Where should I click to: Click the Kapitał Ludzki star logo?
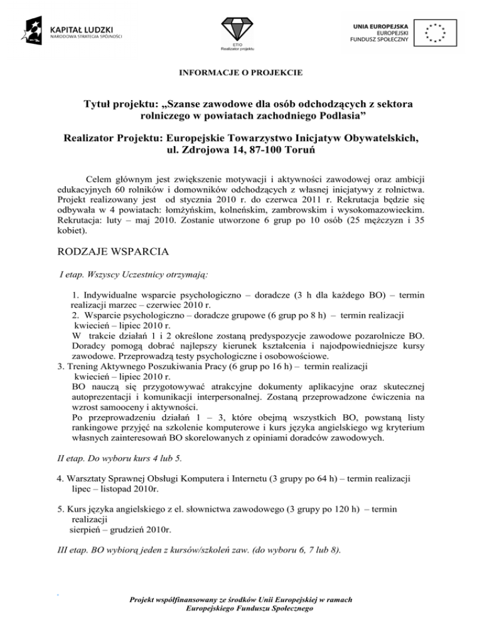(35, 29)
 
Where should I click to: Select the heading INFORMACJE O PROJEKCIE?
(241, 73)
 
